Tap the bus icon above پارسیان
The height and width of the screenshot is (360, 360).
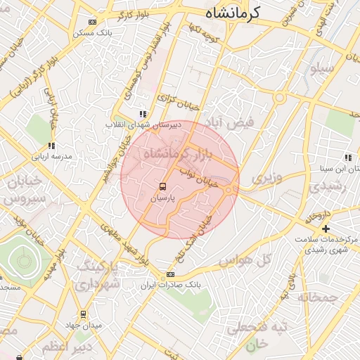163,186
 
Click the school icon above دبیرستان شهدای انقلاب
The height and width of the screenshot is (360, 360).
143,114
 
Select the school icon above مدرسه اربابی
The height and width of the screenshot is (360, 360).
51,146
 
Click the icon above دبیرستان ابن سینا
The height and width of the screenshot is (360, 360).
347,158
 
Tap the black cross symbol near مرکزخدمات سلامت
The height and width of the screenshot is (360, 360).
326,229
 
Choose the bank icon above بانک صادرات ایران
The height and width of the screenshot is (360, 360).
170,274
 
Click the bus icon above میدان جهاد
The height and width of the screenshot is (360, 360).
83,314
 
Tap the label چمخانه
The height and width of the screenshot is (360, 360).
318,297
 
